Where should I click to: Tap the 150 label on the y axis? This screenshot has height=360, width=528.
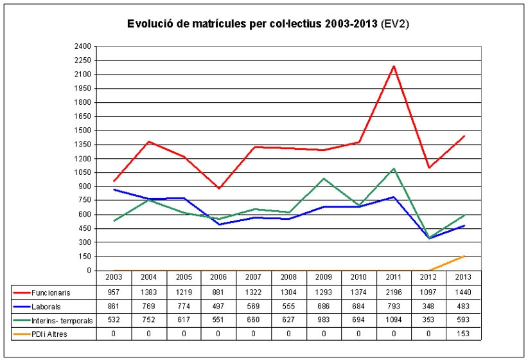click(x=85, y=256)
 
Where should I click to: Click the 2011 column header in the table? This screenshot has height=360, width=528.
click(x=393, y=278)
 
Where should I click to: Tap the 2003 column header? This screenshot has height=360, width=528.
click(x=114, y=278)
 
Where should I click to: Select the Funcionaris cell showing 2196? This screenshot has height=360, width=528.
click(x=393, y=292)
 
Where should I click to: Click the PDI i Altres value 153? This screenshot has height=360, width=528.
click(x=462, y=334)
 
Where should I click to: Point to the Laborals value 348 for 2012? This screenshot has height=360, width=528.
click(x=428, y=307)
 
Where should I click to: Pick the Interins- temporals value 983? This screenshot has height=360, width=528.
click(x=323, y=320)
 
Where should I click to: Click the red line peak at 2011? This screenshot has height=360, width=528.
click(x=393, y=66)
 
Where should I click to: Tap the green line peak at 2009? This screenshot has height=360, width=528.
click(x=323, y=179)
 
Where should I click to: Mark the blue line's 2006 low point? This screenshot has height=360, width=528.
click(x=218, y=224)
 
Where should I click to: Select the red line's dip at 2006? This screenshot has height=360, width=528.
click(x=218, y=188)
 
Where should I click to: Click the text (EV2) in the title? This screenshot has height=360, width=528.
click(x=395, y=24)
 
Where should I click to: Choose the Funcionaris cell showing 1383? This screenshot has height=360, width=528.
click(x=148, y=292)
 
